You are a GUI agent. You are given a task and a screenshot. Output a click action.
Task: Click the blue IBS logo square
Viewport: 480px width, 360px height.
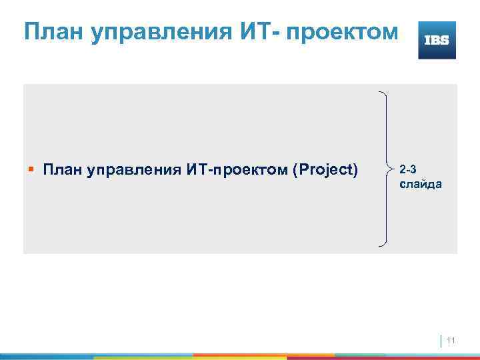tap(437, 40)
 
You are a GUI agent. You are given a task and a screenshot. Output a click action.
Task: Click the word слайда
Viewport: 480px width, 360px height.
tap(419, 184)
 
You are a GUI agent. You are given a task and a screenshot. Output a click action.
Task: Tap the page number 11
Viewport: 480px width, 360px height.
tap(451, 341)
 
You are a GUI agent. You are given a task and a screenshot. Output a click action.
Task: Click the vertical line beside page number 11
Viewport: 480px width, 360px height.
tap(441, 341)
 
